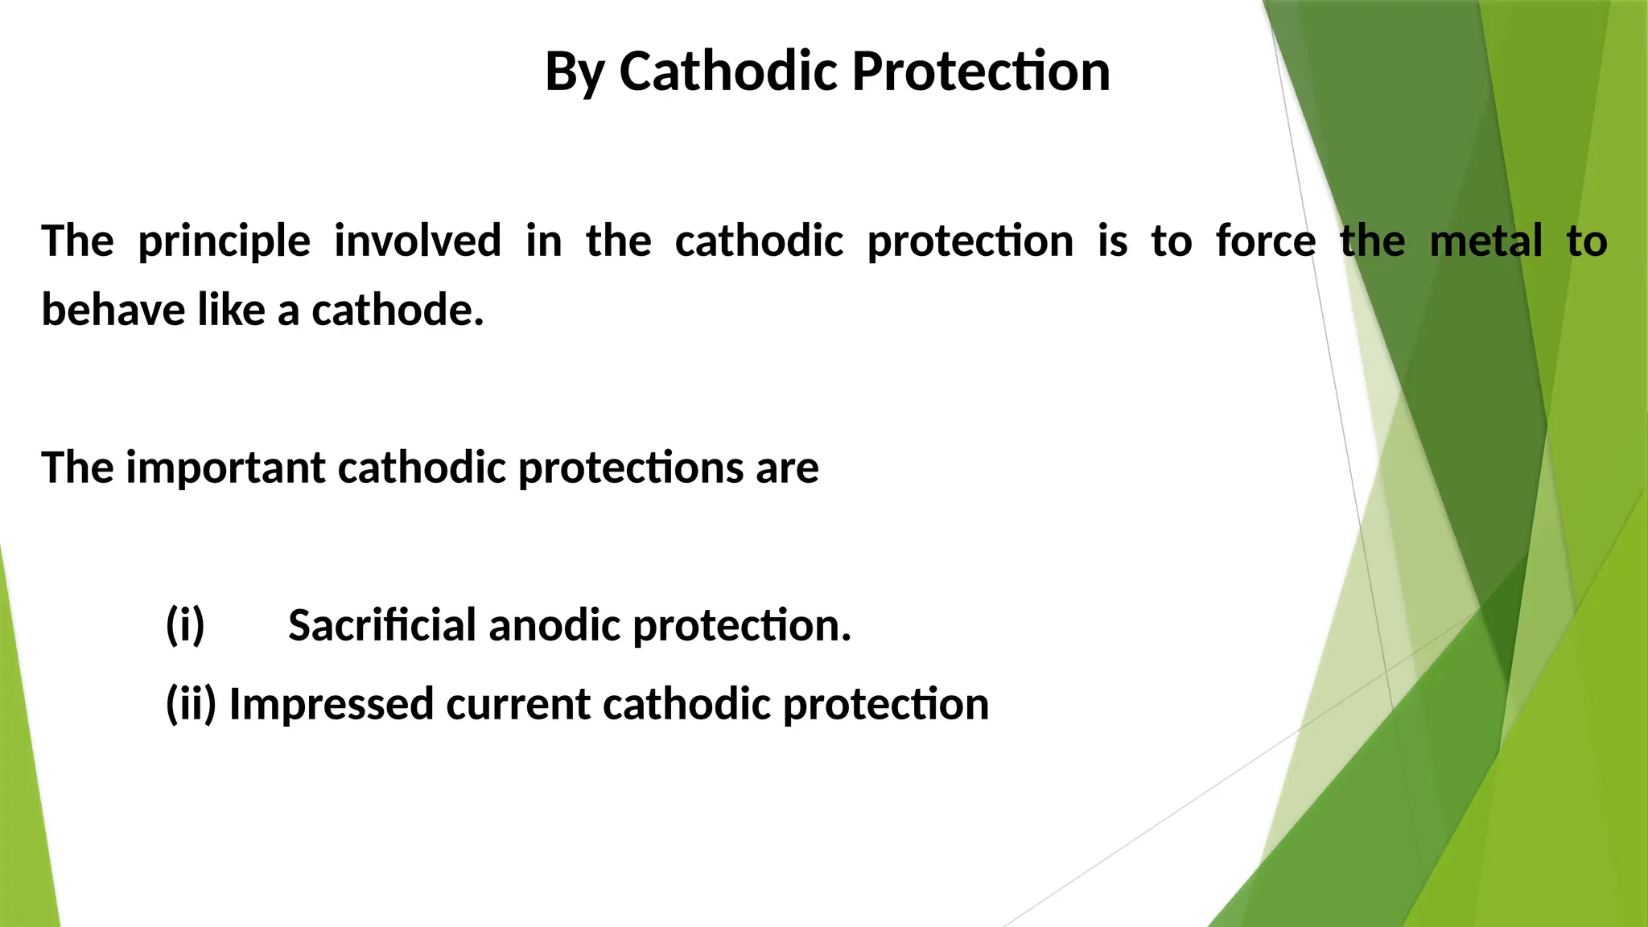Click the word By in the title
point(575,72)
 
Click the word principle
point(224,242)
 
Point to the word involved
point(418,241)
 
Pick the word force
point(1266,241)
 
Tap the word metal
point(1485,241)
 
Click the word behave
point(113,310)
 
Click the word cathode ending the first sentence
point(398,310)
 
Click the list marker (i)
point(185,625)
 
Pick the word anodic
point(554,625)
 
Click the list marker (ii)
point(191,704)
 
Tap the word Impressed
point(332,704)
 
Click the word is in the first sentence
point(1112,241)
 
